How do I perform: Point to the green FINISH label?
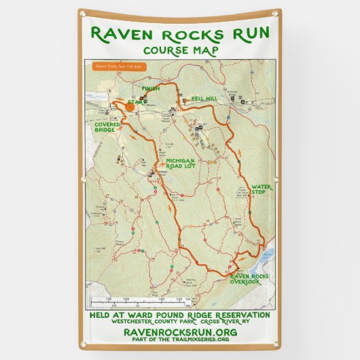point(150,89)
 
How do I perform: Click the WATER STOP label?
point(262,189)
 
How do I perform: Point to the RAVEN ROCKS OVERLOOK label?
point(249,279)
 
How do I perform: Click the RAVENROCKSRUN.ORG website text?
point(180,331)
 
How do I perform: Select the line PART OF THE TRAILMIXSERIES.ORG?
point(180,339)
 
